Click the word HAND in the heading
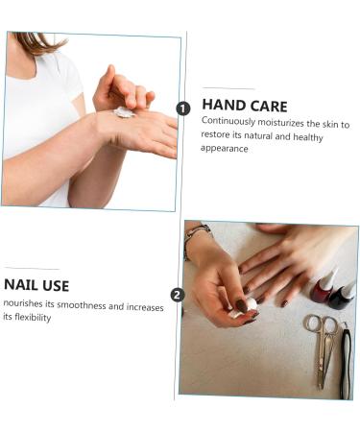coord(224,106)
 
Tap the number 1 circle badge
coord(183,109)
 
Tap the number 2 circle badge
coord(177,295)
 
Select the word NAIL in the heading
coord(23,285)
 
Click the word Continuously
coord(229,123)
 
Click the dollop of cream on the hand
coord(123,112)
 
